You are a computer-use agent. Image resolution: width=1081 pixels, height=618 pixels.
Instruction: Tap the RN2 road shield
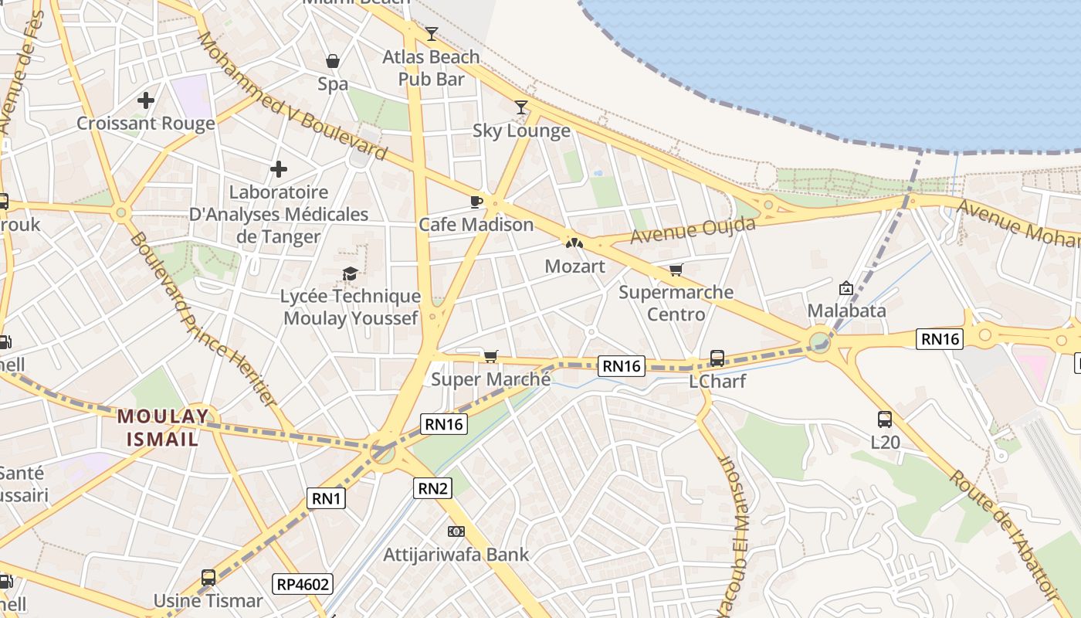tap(432, 487)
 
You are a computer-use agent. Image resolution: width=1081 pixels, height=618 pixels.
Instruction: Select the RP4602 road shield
tap(303, 583)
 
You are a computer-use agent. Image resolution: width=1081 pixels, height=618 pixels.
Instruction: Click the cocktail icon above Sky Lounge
tap(521, 107)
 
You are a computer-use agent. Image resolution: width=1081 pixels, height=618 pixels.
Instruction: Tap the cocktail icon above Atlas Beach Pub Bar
tap(432, 33)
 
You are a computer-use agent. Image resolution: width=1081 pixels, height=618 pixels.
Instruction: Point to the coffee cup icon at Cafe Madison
tap(476, 202)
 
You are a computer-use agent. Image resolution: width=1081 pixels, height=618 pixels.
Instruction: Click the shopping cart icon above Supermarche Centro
tap(676, 270)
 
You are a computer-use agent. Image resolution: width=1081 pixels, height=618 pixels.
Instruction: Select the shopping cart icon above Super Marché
tap(490, 356)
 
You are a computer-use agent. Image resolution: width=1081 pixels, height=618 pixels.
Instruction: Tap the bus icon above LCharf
tap(717, 358)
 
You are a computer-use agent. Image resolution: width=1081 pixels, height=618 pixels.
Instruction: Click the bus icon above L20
tap(885, 419)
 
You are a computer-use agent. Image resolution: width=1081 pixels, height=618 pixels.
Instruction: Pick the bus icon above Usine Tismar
tap(208, 577)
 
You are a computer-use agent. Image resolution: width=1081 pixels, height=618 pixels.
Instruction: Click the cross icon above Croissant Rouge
tap(146, 100)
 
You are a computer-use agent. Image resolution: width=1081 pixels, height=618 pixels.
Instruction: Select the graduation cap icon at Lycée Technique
tap(351, 273)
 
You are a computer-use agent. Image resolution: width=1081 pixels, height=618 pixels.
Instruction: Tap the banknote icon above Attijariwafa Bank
tap(456, 531)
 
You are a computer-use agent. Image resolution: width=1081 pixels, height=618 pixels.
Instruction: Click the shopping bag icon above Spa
tap(333, 61)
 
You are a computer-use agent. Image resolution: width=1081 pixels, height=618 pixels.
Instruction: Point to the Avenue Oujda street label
tap(692, 230)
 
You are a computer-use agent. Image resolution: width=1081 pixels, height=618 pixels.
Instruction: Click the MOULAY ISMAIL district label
tap(162, 428)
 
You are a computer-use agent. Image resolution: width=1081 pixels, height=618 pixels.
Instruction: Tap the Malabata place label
tap(846, 311)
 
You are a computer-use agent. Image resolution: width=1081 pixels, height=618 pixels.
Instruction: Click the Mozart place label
tap(574, 266)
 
